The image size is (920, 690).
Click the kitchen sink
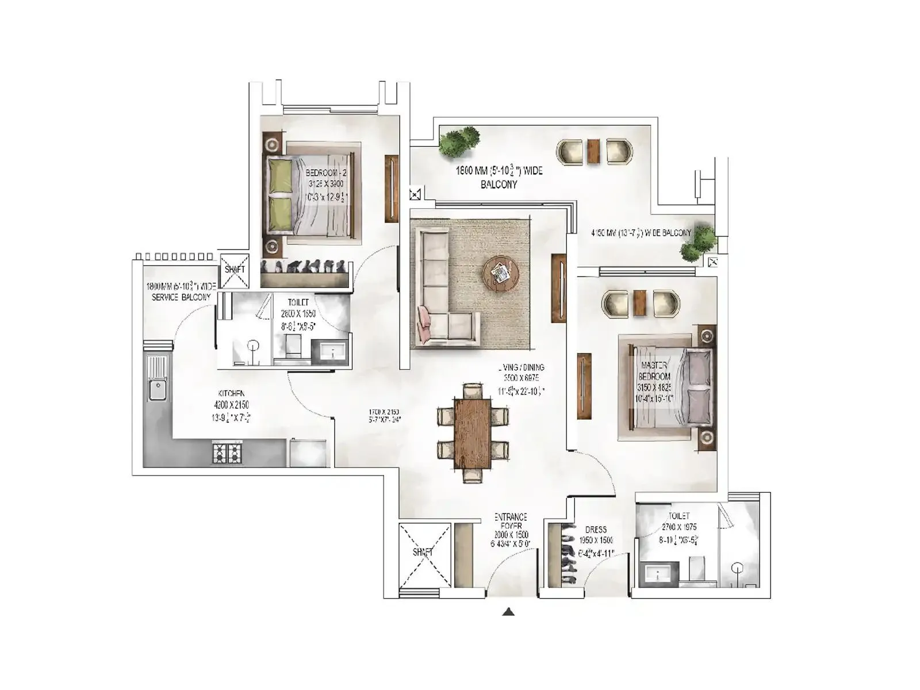(x=156, y=390)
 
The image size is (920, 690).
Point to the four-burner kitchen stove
(x=227, y=453)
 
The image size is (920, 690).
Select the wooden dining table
(x=473, y=433)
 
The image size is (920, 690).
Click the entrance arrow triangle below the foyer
(x=508, y=612)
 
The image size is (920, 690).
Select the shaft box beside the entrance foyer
(x=424, y=555)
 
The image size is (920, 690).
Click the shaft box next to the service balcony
(x=235, y=270)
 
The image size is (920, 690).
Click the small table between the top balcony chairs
(x=593, y=152)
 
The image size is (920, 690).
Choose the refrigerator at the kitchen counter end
(x=308, y=453)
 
